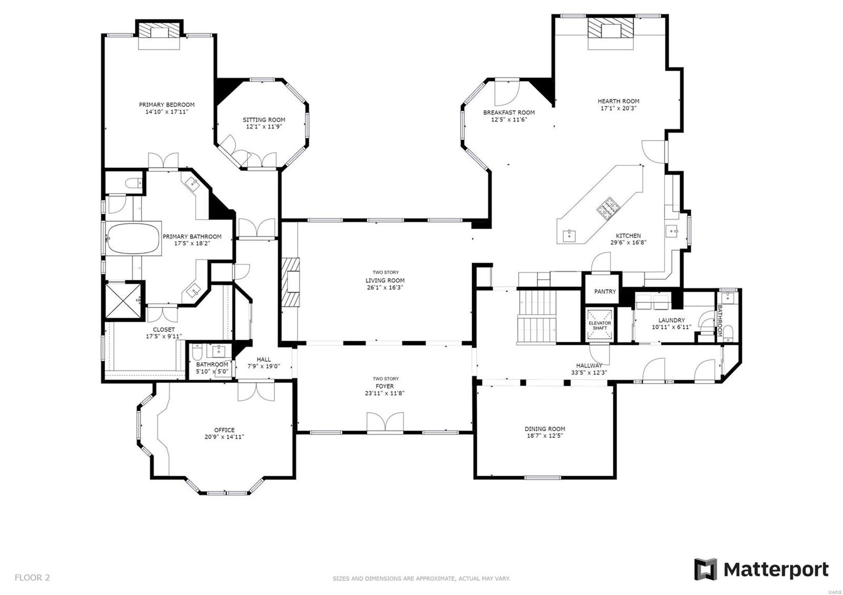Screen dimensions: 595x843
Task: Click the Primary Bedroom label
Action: pos(166,105)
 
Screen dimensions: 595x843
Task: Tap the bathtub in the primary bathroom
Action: pos(133,239)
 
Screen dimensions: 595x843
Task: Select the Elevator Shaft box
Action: pos(600,325)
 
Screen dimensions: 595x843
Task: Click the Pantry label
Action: pos(605,292)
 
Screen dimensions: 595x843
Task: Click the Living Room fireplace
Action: pos(291,282)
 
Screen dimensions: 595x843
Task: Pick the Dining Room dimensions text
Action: pos(545,435)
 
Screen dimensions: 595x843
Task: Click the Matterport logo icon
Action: pos(705,569)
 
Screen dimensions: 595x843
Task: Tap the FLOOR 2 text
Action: pos(32,578)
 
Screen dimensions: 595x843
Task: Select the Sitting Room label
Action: pos(264,120)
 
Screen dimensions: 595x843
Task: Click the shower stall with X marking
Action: pos(124,300)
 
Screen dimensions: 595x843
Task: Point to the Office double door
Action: pos(256,392)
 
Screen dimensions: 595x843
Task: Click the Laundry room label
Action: pos(671,320)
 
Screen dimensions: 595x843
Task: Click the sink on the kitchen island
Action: pos(570,234)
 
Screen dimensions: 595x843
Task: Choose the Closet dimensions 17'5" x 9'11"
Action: pos(164,336)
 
